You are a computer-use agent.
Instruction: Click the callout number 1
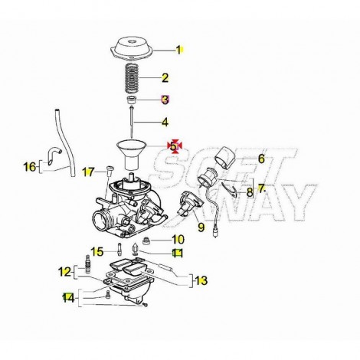point(178,50)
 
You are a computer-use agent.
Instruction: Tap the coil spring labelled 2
point(133,78)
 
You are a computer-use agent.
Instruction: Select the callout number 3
point(165,100)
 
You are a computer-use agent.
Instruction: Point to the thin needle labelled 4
point(132,123)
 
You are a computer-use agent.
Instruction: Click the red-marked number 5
point(173,146)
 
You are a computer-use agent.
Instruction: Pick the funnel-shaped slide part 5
point(131,155)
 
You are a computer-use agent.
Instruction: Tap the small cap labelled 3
point(132,100)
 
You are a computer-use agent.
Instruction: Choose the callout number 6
point(261,159)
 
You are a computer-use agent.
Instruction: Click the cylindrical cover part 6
point(224,158)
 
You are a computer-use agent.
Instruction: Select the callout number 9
point(201,227)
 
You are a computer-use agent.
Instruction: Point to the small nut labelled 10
point(146,241)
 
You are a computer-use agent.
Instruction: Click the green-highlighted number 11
point(178,254)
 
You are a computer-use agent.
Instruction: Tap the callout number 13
point(201,281)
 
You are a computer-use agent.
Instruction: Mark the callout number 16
point(30,167)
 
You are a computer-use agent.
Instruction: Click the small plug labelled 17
point(110,170)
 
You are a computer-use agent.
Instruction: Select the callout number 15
point(98,252)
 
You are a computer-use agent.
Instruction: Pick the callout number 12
point(64,272)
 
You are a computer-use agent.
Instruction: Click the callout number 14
point(68,298)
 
